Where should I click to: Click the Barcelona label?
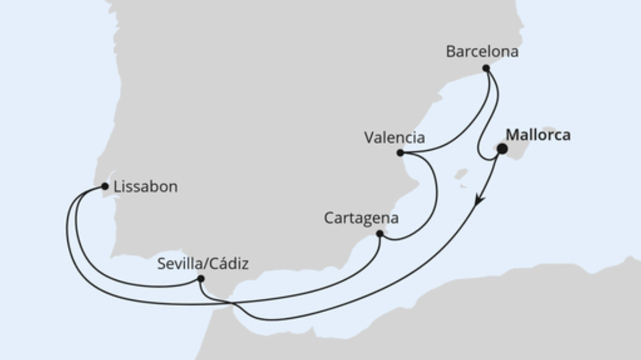tap(482, 51)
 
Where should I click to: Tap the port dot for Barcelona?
tap(486, 68)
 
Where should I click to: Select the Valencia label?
tap(395, 138)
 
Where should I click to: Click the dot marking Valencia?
tap(400, 153)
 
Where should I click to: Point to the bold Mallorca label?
tap(538, 135)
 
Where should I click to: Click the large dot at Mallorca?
tap(502, 149)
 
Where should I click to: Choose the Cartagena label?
tap(361, 218)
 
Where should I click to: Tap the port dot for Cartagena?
tap(380, 234)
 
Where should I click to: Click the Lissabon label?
tap(146, 186)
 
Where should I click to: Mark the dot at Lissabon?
tap(105, 186)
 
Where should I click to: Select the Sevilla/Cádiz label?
tap(202, 263)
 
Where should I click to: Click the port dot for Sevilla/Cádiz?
tap(201, 278)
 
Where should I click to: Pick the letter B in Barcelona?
tap(450, 51)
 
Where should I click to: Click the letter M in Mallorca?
tap(512, 135)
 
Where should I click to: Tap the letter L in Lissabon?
tap(117, 186)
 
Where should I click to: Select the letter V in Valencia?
tap(369, 138)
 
